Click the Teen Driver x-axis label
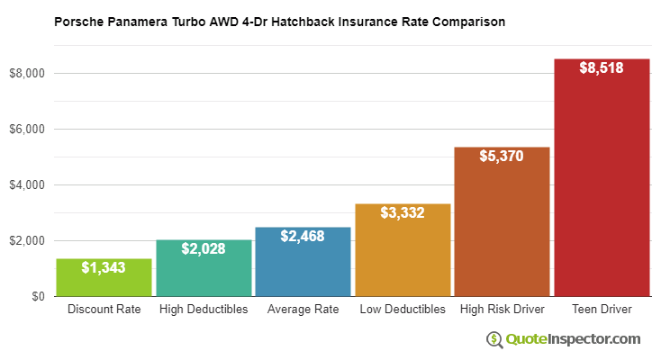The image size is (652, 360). [602, 310]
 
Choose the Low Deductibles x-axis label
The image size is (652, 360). [403, 310]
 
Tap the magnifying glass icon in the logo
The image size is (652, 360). [495, 339]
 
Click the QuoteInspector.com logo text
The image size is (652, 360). [573, 339]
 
